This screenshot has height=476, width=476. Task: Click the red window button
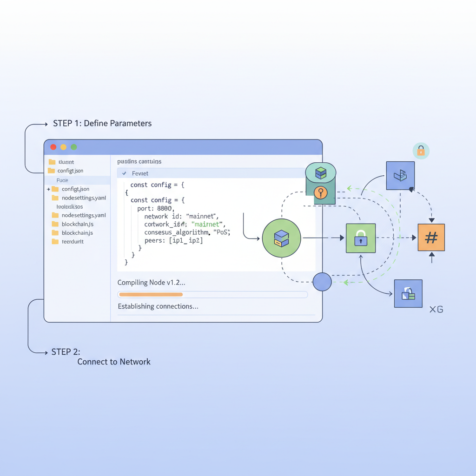click(x=53, y=147)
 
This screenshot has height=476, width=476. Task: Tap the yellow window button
click(x=64, y=147)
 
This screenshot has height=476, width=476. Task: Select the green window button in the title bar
click(x=74, y=147)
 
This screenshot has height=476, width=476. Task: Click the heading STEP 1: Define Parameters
click(x=102, y=124)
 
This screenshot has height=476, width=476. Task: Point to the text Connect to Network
click(x=114, y=362)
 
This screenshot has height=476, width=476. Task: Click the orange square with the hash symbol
click(x=431, y=238)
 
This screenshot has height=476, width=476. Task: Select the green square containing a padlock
click(x=361, y=238)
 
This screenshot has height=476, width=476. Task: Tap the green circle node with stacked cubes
click(x=281, y=238)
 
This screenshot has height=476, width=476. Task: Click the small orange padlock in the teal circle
click(x=421, y=151)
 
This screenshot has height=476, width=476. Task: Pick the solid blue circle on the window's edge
click(x=322, y=282)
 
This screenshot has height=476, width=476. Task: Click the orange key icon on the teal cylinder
click(x=320, y=192)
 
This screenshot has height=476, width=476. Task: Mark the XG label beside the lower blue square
click(x=436, y=309)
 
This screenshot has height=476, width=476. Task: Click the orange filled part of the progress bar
click(x=151, y=294)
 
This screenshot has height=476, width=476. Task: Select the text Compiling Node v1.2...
click(x=151, y=282)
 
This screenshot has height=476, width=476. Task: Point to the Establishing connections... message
click(x=158, y=306)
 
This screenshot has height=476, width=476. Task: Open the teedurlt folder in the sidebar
click(x=72, y=242)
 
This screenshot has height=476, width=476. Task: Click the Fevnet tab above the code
click(x=140, y=173)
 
